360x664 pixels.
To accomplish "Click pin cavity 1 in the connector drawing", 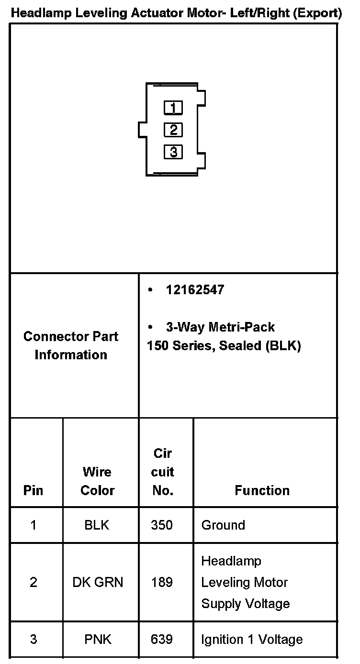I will click(x=173, y=108).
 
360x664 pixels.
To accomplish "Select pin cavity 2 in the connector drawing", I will click(x=173, y=130).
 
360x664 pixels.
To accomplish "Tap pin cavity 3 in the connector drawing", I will click(x=173, y=152).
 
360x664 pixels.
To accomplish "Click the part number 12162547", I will click(x=195, y=290).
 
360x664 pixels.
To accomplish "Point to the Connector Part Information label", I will click(x=71, y=345).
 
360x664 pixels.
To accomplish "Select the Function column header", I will click(x=262, y=490).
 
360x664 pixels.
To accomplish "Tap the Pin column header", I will click(x=33, y=490).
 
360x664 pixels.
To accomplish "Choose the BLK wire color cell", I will click(x=97, y=525).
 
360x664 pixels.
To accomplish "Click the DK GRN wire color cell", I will click(x=98, y=582).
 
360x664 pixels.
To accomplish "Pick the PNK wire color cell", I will click(x=98, y=639).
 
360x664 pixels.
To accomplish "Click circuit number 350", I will click(x=162, y=525).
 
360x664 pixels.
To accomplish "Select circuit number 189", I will click(x=162, y=582).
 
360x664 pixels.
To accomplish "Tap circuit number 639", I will click(x=162, y=639).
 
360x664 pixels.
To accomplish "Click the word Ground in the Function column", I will click(x=223, y=525).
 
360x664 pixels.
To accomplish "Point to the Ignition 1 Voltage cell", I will click(x=252, y=639).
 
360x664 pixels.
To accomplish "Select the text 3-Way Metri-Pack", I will click(x=220, y=327).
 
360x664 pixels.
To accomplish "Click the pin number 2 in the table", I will click(x=33, y=582).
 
